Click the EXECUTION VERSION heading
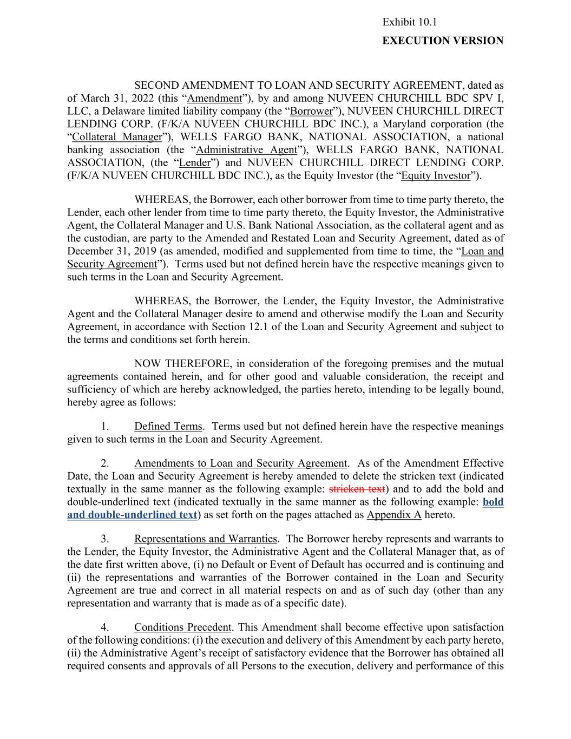443,41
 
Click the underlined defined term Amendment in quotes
214,99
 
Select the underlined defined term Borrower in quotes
311,112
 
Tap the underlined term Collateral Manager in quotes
117,138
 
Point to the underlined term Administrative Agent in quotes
246,150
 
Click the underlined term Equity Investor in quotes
436,176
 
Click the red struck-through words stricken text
357,489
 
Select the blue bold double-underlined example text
132,515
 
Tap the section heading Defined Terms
168,427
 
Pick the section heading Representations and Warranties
206,539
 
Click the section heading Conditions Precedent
182,627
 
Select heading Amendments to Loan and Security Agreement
240,463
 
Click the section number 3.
105,539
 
